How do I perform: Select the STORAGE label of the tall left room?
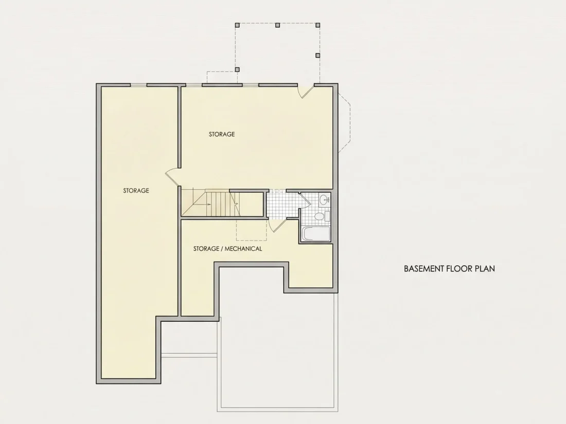[136, 191]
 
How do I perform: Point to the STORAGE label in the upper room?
[222, 134]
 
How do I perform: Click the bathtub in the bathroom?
[316, 234]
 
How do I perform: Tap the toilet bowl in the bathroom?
[319, 216]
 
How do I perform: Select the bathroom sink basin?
[325, 199]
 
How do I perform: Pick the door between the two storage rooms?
[172, 176]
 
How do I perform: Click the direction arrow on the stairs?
[208, 205]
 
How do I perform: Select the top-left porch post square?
[237, 25]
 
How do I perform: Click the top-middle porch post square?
[277, 25]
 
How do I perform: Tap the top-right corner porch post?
[317, 25]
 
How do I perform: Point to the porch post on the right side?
[317, 56]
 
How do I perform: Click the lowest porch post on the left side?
[237, 69]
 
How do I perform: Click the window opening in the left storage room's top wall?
[138, 85]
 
